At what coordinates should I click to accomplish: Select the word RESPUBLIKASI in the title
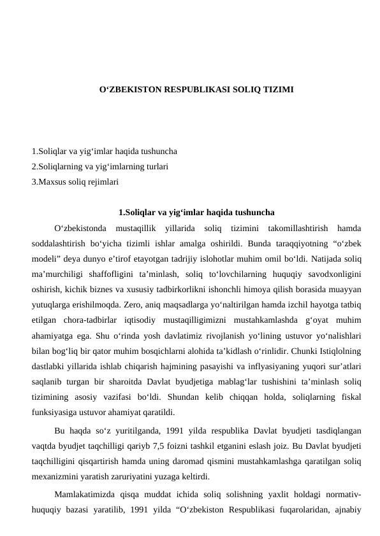[201, 90]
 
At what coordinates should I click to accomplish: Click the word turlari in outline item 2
[156, 167]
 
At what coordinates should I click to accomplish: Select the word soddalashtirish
[62, 243]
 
